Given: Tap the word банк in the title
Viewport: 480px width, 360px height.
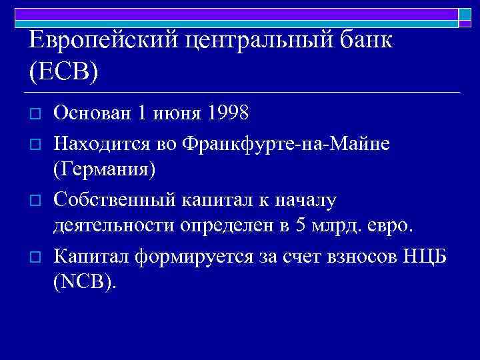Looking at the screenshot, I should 366,41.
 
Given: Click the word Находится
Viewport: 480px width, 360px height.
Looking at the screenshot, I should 100,143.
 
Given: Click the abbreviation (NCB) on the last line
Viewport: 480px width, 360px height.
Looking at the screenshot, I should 84,283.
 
